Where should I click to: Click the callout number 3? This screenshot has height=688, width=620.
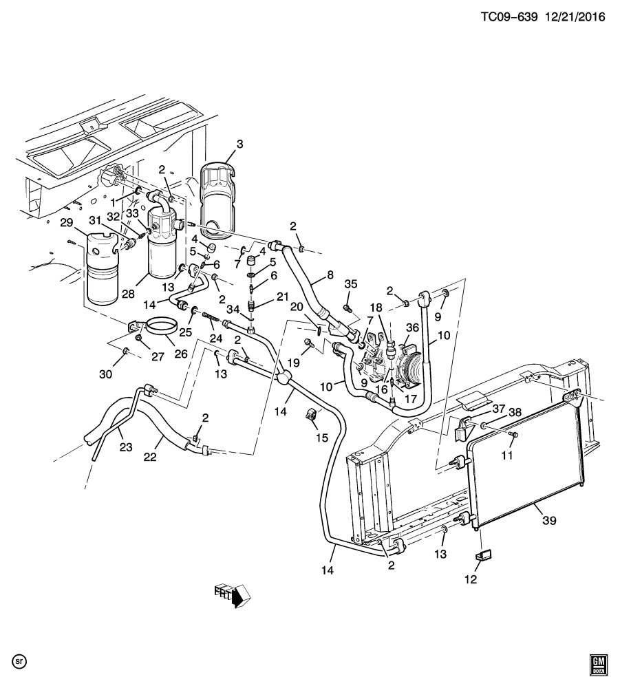point(239,144)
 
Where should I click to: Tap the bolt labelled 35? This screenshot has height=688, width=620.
point(348,308)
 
